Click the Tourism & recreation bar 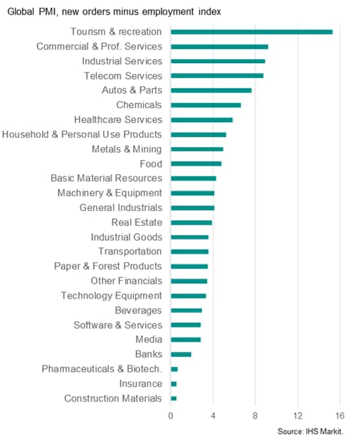pyautogui.click(x=252, y=32)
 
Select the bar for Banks pyautogui.click(x=181, y=355)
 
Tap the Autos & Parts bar pyautogui.click(x=211, y=90)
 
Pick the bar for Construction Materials pyautogui.click(x=174, y=399)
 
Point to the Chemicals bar pyautogui.click(x=206, y=105)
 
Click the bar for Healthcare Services pyautogui.click(x=201, y=120)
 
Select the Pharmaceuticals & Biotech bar pyautogui.click(x=174, y=370)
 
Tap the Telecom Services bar pyautogui.click(x=217, y=76)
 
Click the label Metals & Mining pyautogui.click(x=127, y=149)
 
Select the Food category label pyautogui.click(x=151, y=164)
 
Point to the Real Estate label pyautogui.click(x=137, y=222)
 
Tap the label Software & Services pyautogui.click(x=118, y=325)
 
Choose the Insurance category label pyautogui.click(x=141, y=384)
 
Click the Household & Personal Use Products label pyautogui.click(x=82, y=134)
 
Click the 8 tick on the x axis pyautogui.click(x=255, y=416)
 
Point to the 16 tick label pyautogui.click(x=340, y=416)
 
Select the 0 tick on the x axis pyautogui.click(x=171, y=416)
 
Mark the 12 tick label pyautogui.click(x=297, y=416)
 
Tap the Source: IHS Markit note pyautogui.click(x=311, y=431)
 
